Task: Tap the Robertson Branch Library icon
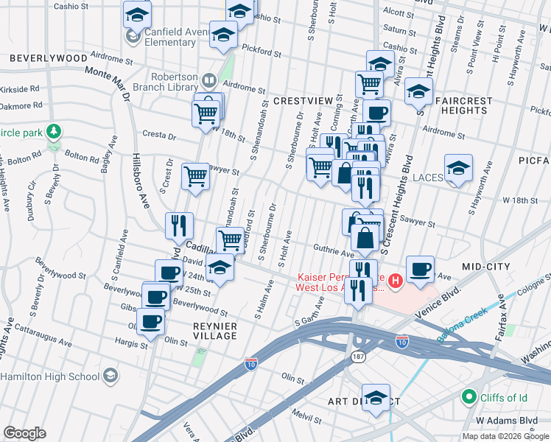point(208,80)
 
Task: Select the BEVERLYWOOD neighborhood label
point(49,57)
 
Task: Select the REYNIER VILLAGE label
point(205,331)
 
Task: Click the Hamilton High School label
point(50,376)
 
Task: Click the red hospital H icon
point(396,280)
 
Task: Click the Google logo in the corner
point(24,433)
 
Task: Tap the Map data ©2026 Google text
point(505,436)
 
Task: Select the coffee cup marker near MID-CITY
point(419,270)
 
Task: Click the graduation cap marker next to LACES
point(458,168)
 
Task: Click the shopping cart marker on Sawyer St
point(195,176)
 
